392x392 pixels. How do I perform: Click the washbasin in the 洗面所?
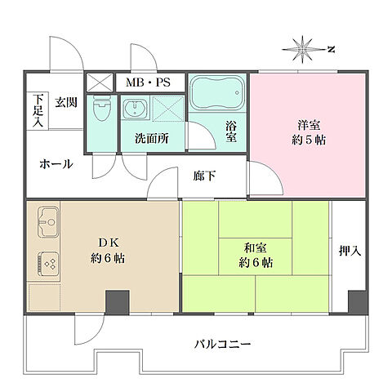tap(135, 109)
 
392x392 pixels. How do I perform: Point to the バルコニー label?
tap(222, 344)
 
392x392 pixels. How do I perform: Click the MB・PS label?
tap(148, 82)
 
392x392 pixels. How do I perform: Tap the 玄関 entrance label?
tap(65, 104)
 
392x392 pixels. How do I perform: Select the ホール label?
tap(56, 164)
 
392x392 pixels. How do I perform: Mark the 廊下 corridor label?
tap(205, 174)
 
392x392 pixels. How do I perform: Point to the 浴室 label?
tap(232, 131)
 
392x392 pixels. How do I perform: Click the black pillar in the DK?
tap(116, 301)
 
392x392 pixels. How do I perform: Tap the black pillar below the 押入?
tap(356, 301)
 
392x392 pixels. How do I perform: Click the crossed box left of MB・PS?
tap(100, 82)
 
